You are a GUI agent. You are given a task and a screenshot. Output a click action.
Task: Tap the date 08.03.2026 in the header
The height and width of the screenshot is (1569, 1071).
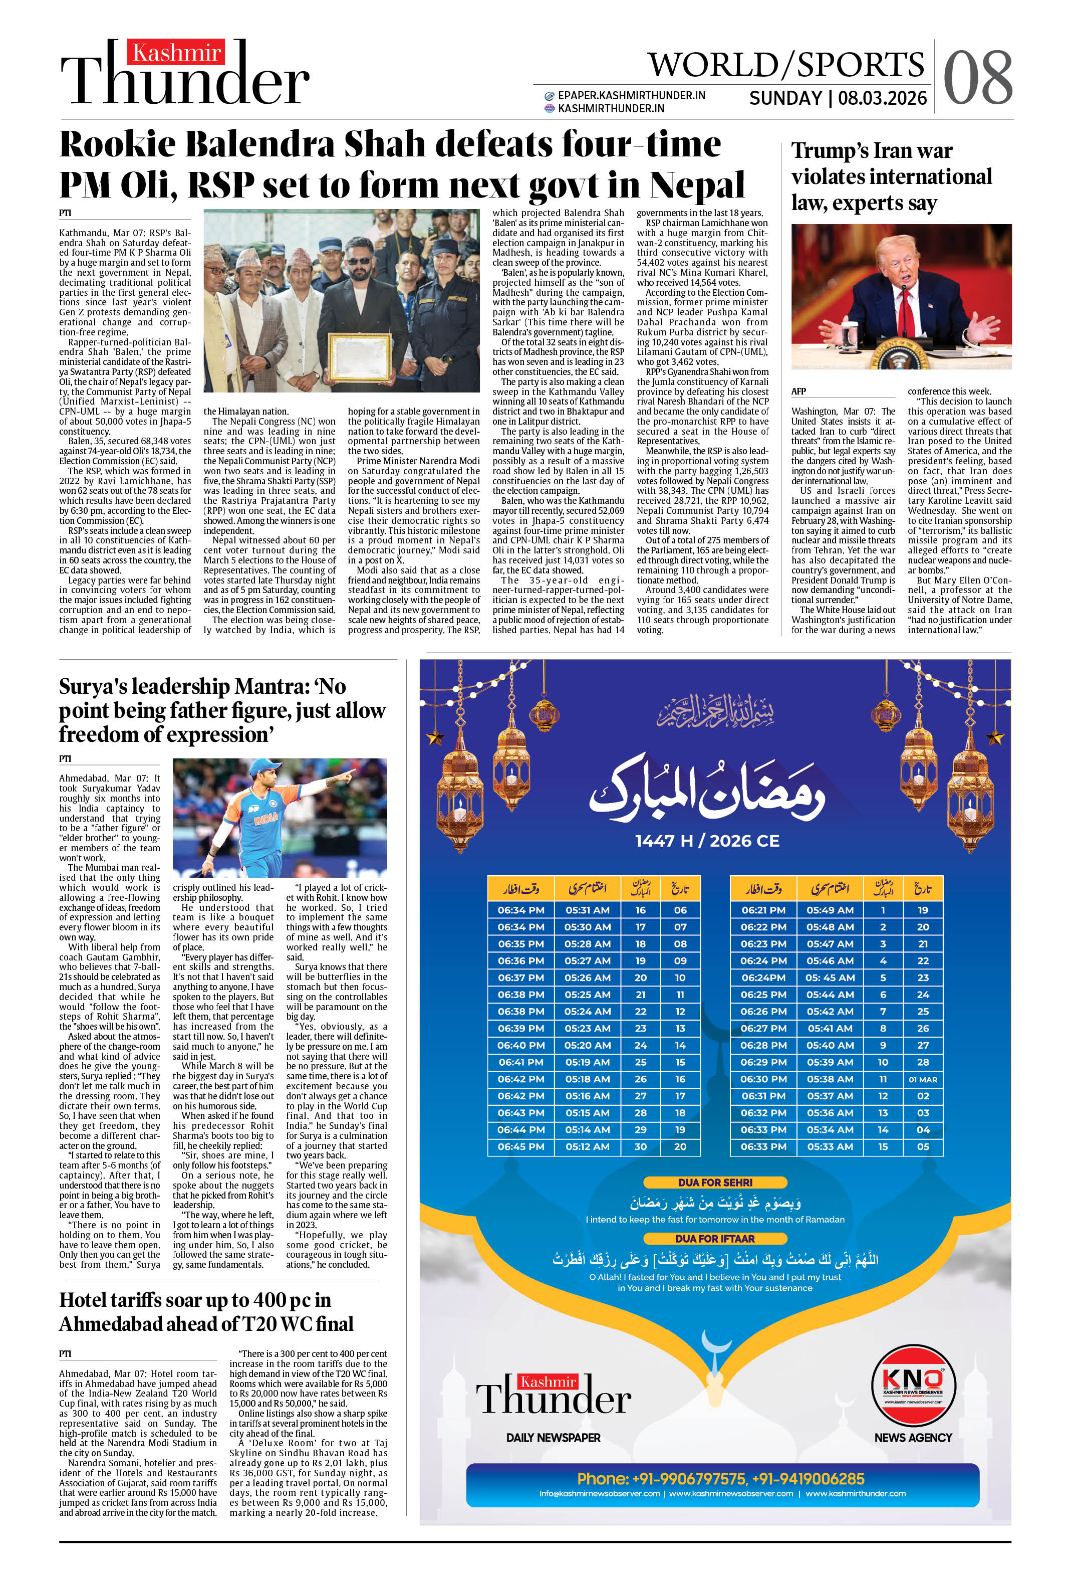pos(882,99)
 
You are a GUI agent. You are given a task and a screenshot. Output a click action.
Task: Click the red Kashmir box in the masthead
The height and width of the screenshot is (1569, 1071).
pos(177,53)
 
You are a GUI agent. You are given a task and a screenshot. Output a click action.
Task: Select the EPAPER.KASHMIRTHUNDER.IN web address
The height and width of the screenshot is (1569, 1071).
pos(631,96)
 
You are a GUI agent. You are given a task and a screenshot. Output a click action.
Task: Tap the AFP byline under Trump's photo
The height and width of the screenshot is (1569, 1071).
pos(798,391)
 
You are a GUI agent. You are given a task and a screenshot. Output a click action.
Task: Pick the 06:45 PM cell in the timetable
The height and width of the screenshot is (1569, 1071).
pos(520,1146)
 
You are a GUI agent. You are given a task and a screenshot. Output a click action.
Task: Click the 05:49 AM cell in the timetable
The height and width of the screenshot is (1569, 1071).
pos(830,910)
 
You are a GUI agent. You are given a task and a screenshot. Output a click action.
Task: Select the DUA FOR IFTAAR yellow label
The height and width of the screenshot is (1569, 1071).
pos(715,1238)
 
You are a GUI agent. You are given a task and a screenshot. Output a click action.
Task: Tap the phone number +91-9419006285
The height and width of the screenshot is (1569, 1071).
pos(808,1479)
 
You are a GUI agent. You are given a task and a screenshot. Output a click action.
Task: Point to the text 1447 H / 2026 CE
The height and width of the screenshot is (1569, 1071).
pos(707,841)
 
